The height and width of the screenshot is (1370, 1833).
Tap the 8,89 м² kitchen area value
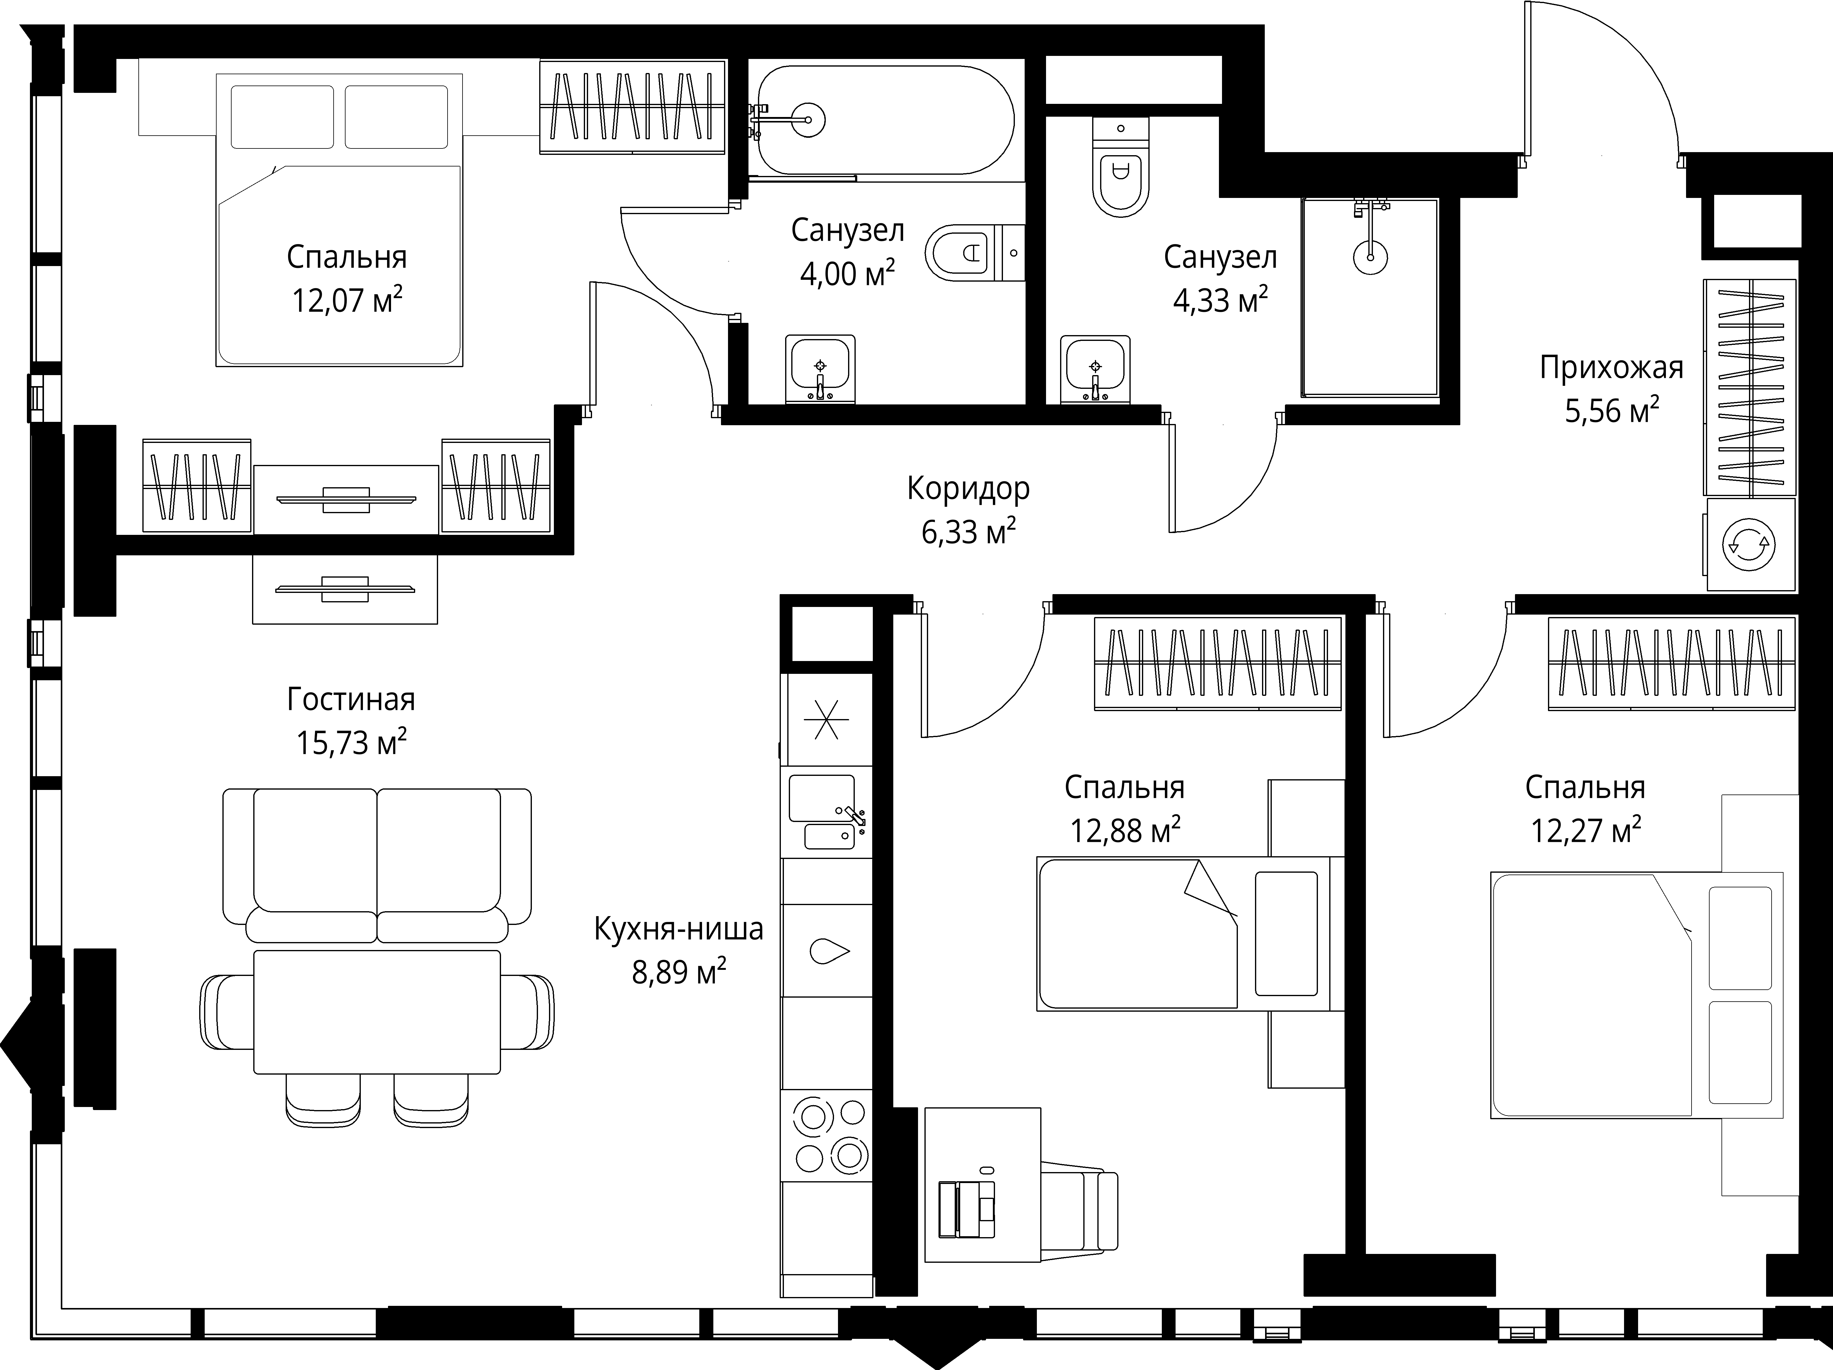[x=679, y=971]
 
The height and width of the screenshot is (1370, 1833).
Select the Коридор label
[x=968, y=489]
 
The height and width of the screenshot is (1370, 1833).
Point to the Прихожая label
[x=1611, y=367]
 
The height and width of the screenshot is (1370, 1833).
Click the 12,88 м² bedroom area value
[x=1125, y=830]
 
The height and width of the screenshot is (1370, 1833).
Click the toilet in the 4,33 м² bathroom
[x=1121, y=166]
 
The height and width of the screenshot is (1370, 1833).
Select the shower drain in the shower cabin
[x=1370, y=257]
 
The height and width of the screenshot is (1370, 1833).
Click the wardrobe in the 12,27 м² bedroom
[x=1671, y=663]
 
